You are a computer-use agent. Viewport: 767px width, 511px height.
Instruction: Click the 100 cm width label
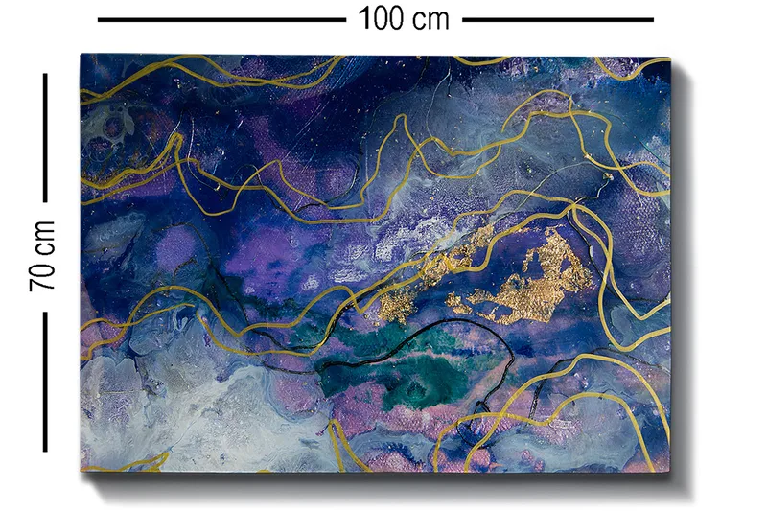[x=404, y=17]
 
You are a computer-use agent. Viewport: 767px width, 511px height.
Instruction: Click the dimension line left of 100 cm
[x=221, y=18]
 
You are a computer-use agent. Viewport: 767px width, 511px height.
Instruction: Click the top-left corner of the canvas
[x=81, y=56]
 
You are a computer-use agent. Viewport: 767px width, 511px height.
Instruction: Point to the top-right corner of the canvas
[x=670, y=57]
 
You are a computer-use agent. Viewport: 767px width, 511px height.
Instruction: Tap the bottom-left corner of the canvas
[x=81, y=470]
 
